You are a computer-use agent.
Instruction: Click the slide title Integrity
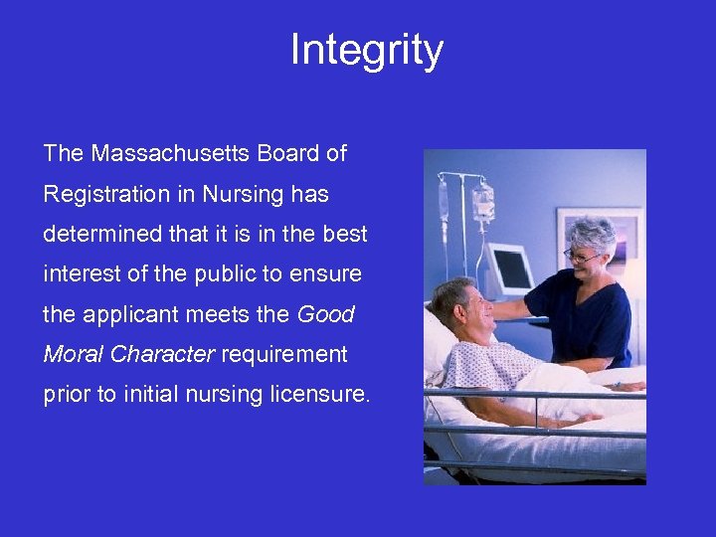[366, 50]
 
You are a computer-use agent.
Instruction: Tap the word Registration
[106, 194]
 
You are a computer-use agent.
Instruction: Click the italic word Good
[326, 315]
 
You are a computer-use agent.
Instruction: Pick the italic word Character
[162, 355]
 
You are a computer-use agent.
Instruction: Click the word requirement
[284, 355]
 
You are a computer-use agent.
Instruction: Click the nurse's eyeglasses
[581, 257]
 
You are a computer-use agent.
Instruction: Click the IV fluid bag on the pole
[483, 203]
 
